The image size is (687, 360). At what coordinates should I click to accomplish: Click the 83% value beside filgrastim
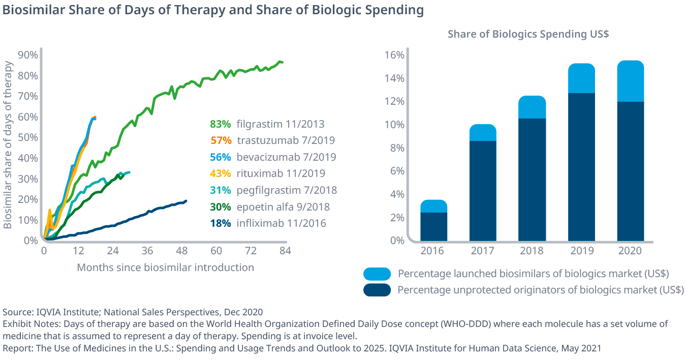click(x=220, y=124)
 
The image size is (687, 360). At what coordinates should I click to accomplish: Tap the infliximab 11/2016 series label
click(x=281, y=223)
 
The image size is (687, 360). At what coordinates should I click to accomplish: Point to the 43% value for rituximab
click(x=220, y=173)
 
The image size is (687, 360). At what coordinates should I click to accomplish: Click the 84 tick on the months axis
click(x=285, y=251)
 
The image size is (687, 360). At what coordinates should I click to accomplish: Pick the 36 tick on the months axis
click(x=147, y=251)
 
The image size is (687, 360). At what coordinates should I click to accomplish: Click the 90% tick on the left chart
click(x=27, y=55)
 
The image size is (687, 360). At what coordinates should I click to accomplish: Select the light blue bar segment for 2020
click(x=630, y=81)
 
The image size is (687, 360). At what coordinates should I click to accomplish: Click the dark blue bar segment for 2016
click(x=433, y=226)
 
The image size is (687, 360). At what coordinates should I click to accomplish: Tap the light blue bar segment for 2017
click(x=483, y=132)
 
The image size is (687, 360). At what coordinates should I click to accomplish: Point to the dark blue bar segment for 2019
click(x=581, y=167)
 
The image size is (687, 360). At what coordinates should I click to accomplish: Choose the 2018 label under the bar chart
click(x=532, y=251)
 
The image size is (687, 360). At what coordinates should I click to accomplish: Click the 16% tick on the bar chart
click(x=394, y=55)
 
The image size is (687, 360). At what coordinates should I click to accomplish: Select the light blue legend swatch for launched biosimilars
click(x=377, y=274)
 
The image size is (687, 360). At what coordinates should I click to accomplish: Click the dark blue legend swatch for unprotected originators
click(x=377, y=290)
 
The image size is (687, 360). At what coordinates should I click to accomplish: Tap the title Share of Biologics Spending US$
click(x=528, y=34)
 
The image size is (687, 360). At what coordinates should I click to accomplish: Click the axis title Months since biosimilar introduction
click(x=165, y=267)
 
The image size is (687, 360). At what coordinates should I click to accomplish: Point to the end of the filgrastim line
click(x=282, y=62)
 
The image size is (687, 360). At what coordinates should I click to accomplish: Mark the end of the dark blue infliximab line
click(x=186, y=201)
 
